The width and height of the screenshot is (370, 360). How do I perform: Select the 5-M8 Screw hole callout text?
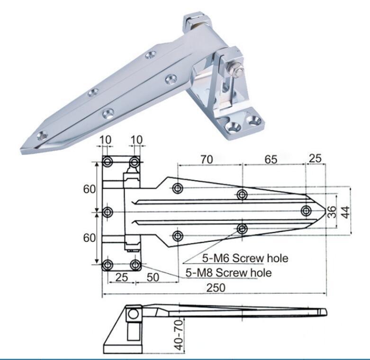(x=228, y=273)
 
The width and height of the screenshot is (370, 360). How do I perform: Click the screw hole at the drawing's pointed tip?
(x=306, y=210)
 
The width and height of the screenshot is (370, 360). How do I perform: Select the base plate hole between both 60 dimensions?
(x=108, y=212)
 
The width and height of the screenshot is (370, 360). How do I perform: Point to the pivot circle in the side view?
(x=133, y=313)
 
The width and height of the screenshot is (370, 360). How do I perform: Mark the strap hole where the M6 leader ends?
(x=242, y=229)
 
